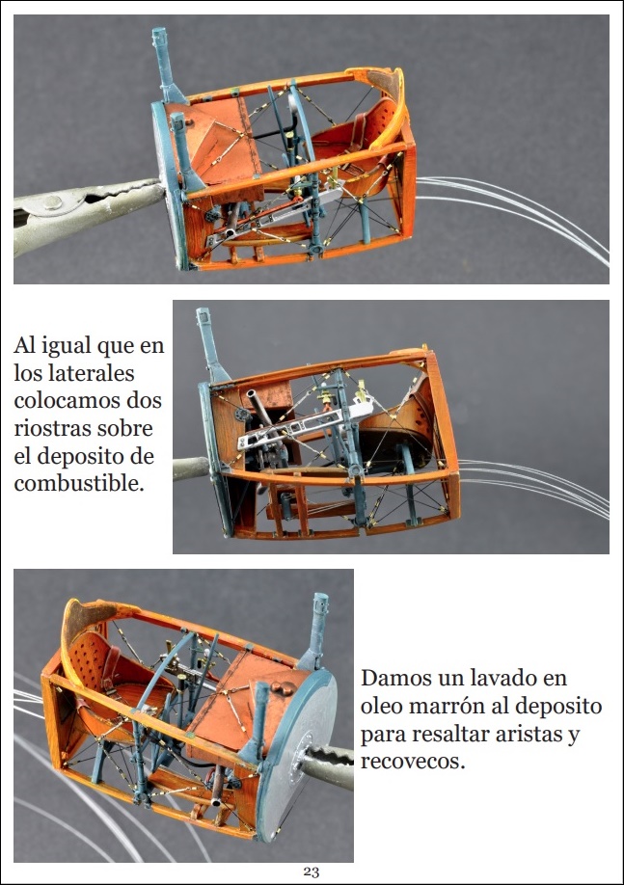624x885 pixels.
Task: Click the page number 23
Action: (312, 872)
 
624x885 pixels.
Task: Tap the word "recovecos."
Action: (413, 761)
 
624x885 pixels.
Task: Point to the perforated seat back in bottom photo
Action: (90, 663)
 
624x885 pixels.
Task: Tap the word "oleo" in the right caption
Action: (380, 706)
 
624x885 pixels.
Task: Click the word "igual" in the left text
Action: (64, 345)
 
